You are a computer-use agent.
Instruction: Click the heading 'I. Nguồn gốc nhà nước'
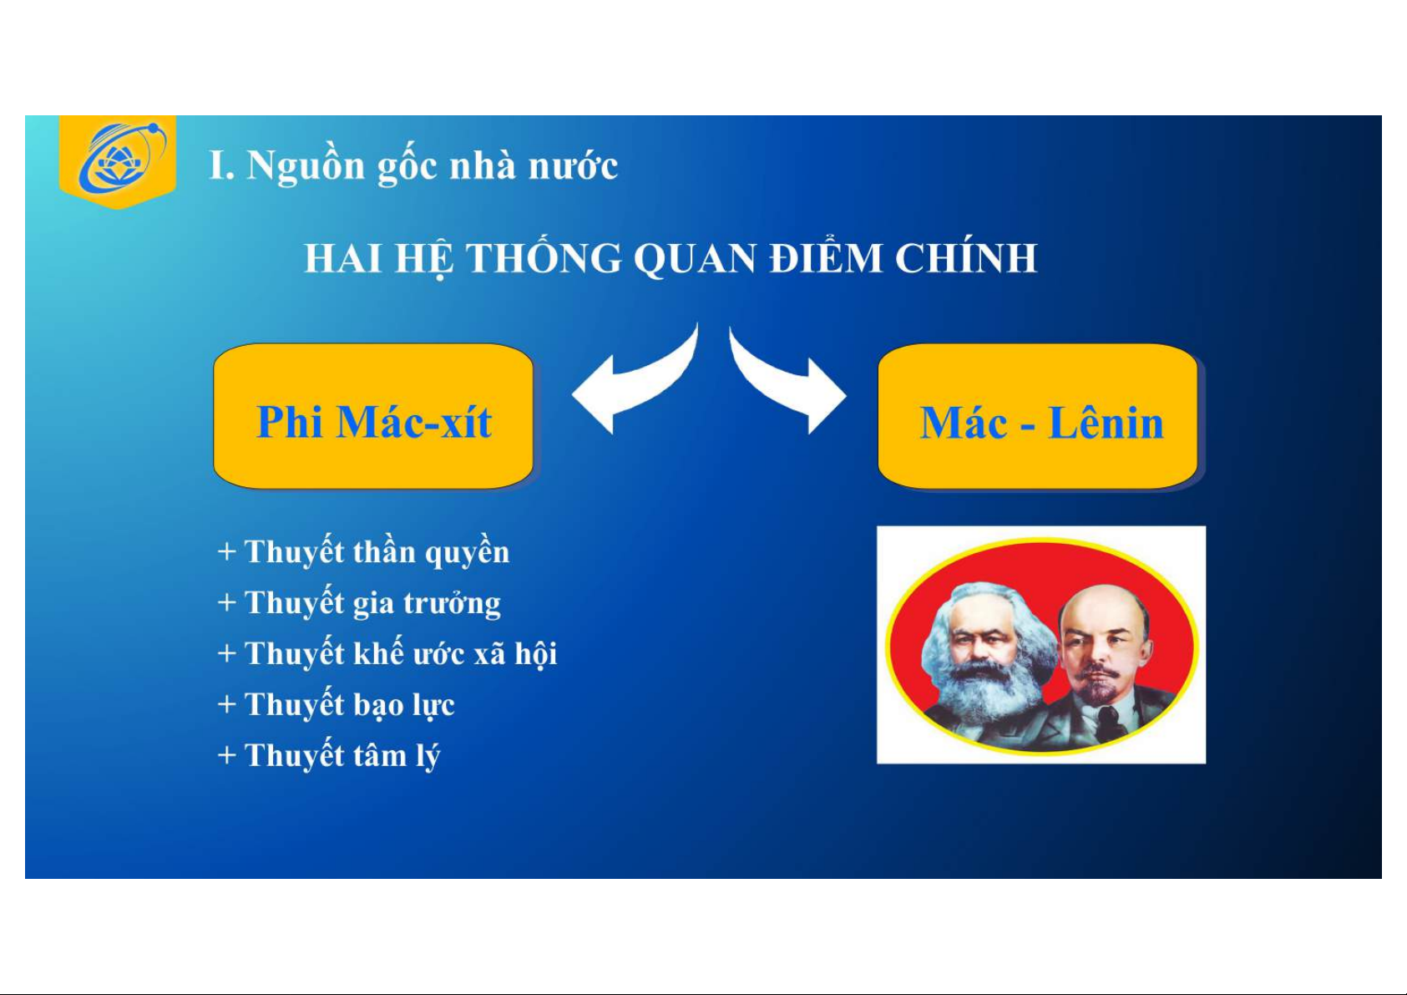413,165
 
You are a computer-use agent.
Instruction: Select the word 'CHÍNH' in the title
965,257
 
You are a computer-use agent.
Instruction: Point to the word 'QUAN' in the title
695,259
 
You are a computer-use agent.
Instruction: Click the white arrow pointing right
787,383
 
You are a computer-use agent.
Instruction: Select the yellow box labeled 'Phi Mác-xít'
373,416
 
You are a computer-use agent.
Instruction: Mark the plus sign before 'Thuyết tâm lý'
227,755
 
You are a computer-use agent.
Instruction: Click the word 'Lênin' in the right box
1106,423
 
